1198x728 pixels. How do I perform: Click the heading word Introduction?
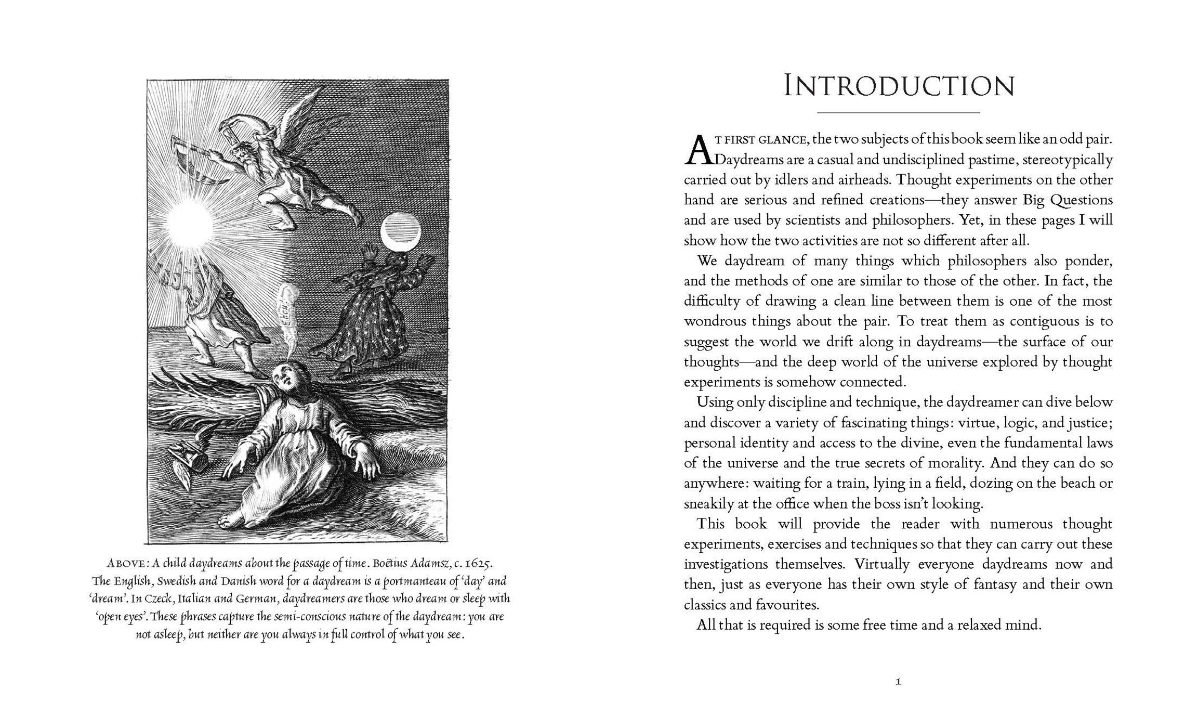click(899, 87)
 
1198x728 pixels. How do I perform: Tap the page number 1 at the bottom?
click(898, 682)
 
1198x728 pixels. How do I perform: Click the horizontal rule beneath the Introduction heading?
click(898, 113)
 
